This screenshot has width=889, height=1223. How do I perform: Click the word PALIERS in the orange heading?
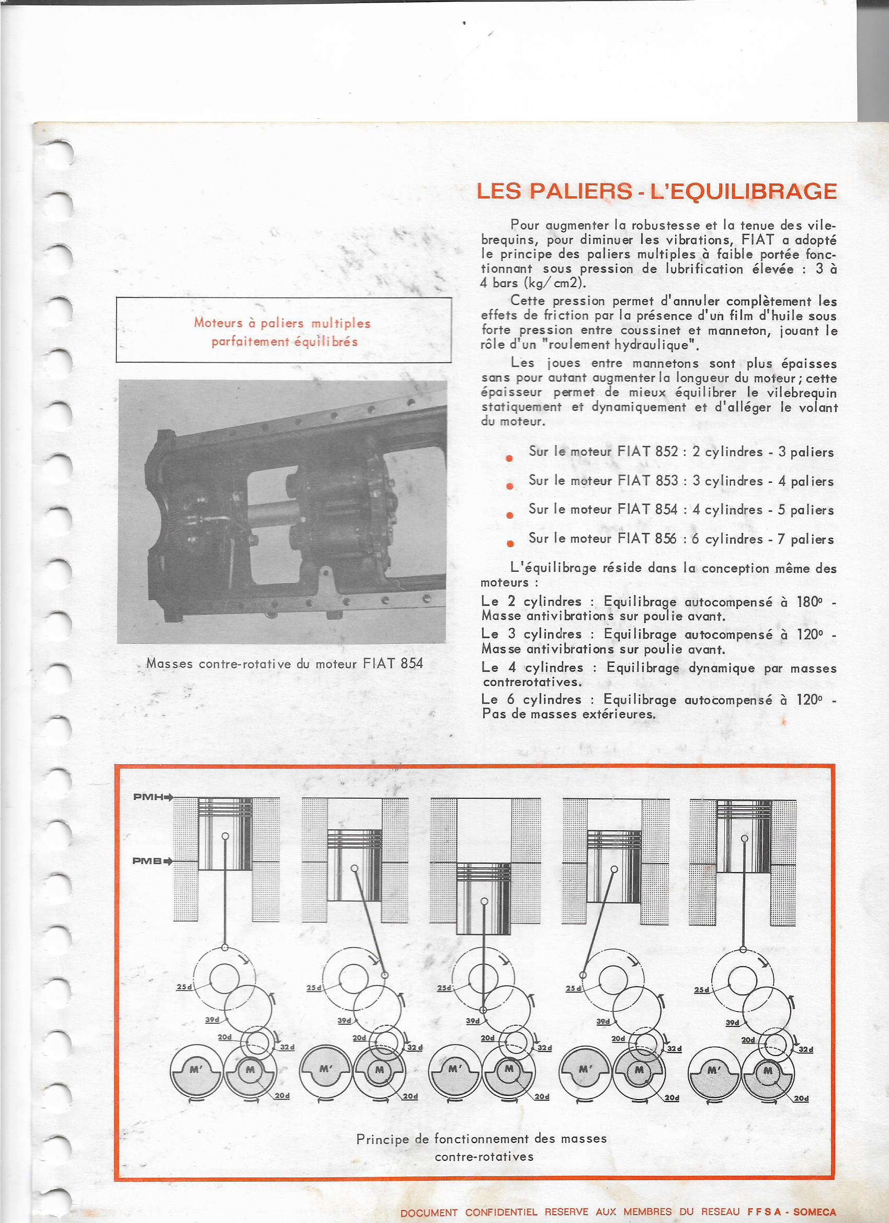tap(580, 191)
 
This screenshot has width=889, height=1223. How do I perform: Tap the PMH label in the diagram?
tap(149, 797)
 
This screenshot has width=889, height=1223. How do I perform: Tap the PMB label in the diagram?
tap(147, 861)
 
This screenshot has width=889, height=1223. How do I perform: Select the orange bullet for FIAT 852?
tap(509, 458)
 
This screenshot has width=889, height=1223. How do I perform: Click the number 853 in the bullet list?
tap(666, 480)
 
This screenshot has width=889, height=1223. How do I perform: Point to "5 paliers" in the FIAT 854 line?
tap(805, 509)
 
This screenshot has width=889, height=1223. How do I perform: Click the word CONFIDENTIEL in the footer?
tap(502, 1213)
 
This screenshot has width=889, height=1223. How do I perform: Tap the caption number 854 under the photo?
tap(412, 663)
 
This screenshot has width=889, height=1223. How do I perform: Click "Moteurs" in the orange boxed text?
tap(219, 323)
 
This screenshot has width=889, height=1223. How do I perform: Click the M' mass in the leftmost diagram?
tap(196, 1069)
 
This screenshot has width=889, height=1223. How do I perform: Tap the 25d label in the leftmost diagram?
tap(184, 987)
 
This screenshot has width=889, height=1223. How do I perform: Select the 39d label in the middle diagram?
tap(473, 1021)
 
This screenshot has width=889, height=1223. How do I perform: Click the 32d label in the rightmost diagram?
tap(805, 1050)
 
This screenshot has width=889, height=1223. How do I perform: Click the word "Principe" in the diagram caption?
tap(383, 1139)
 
